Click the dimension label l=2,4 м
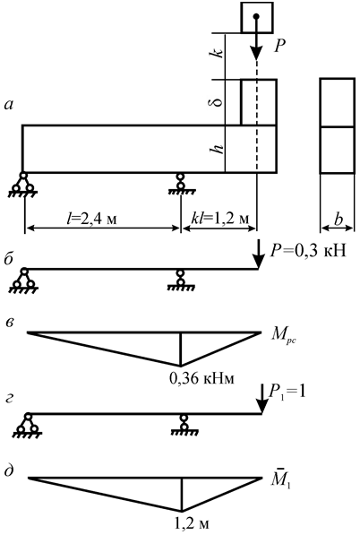(91, 219)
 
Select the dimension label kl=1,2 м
(220, 219)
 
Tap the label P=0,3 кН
(308, 251)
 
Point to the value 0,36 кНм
(201, 378)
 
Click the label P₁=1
(287, 392)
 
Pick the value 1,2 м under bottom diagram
(192, 523)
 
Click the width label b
(339, 220)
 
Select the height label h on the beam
(217, 148)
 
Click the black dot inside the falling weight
(256, 16)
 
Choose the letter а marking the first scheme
(9, 106)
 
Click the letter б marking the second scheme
(9, 259)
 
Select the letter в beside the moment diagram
(10, 323)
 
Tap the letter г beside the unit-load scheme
(9, 398)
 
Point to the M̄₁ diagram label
(281, 479)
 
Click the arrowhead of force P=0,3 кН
(259, 262)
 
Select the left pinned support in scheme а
(23, 185)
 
